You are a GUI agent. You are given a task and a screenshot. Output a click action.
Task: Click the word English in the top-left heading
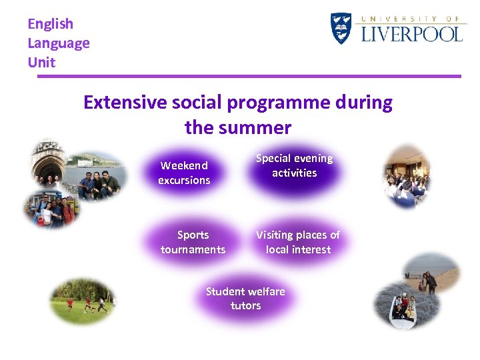50,24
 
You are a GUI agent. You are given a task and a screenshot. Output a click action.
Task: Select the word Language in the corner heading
58,43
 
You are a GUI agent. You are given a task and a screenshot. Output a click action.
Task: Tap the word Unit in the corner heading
41,63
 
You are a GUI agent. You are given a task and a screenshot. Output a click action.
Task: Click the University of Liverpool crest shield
341,29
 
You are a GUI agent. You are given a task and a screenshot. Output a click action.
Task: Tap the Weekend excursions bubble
184,173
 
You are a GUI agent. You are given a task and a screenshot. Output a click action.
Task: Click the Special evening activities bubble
294,165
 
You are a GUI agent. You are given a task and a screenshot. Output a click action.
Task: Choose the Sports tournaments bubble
193,242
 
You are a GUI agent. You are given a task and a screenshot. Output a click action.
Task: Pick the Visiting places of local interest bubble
297,242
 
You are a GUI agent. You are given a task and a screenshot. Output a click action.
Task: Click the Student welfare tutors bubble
245,299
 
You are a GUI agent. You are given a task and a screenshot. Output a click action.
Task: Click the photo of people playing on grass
83,301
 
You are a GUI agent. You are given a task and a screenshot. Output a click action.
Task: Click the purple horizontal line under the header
249,76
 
